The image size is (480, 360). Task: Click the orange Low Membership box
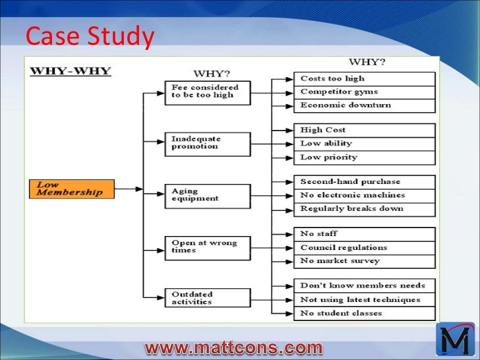[x=71, y=189]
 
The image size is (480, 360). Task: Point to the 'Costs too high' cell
[x=364, y=78]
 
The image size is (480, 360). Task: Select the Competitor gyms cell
[x=364, y=92]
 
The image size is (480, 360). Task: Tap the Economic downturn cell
[x=364, y=105]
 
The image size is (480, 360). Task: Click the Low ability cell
[x=364, y=144]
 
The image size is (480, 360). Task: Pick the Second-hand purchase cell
[x=364, y=182]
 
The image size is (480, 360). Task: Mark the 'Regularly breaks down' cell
[x=364, y=209]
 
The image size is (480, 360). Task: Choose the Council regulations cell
[x=364, y=248]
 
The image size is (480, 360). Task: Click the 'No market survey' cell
[x=364, y=261]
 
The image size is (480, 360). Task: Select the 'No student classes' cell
[x=364, y=313]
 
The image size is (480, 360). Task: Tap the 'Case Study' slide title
[x=89, y=38]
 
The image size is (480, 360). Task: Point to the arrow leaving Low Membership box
[x=129, y=189]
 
